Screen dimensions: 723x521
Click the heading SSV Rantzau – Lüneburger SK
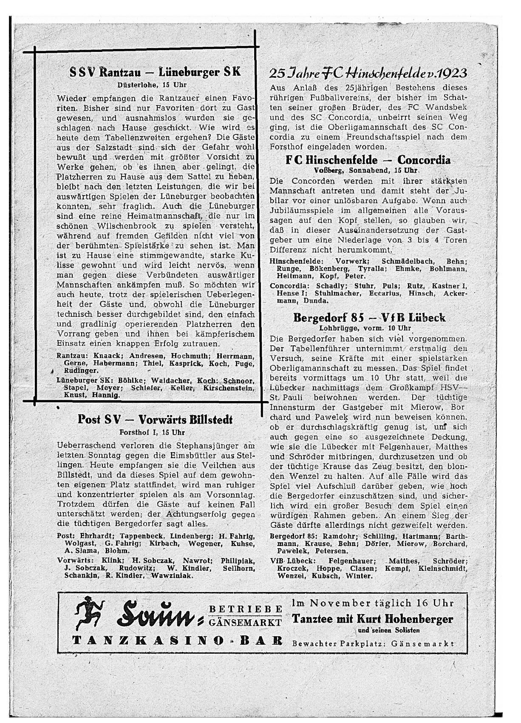155,71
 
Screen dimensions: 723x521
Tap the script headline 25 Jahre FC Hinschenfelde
368,74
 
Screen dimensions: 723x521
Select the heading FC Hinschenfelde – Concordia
368,160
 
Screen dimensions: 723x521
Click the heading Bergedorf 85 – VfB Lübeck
369,318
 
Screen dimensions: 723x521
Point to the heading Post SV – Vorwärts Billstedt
155,420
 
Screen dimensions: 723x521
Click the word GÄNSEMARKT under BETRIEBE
246,623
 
